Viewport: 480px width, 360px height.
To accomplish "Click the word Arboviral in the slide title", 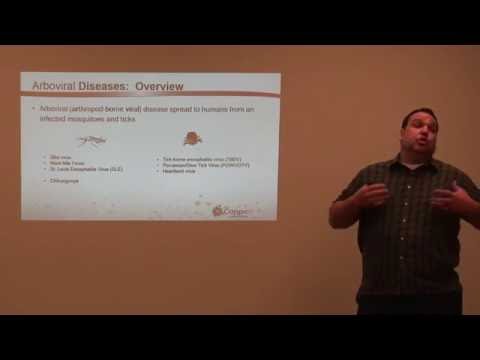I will (x=55, y=86).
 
